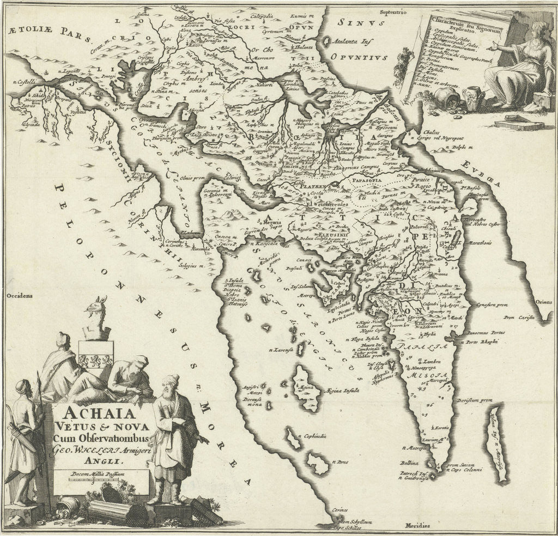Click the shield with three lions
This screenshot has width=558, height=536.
coord(96,360)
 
